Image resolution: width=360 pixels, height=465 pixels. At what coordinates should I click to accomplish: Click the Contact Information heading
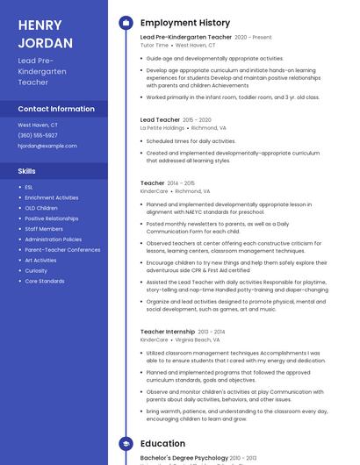[x=56, y=109]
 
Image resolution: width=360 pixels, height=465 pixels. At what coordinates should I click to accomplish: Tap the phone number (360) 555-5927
[x=38, y=135]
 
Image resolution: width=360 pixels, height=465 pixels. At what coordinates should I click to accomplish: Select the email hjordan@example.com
[x=47, y=146]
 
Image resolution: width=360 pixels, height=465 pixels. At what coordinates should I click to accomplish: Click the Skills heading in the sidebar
[x=27, y=171]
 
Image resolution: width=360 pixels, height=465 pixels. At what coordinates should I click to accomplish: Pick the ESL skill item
[x=29, y=187]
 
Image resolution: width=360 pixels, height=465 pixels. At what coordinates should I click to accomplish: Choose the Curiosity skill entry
[x=37, y=270]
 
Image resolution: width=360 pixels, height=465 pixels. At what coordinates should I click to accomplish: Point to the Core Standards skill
[x=44, y=281]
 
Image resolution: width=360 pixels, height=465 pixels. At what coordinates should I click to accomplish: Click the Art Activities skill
[x=40, y=260]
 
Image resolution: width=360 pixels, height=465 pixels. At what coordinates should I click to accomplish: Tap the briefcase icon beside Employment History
[x=126, y=23]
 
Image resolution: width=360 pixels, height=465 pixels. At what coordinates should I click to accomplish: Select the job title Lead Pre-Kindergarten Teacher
[x=186, y=38]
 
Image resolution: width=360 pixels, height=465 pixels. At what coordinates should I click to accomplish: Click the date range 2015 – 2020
[x=197, y=119]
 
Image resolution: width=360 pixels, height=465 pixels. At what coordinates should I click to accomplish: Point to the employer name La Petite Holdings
[x=162, y=127]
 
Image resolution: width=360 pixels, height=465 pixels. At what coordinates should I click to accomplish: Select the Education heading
[x=162, y=444]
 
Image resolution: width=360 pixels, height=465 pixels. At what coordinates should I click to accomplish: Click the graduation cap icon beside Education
[x=126, y=444]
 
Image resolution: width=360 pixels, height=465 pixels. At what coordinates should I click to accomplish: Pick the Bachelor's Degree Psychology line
[x=184, y=458]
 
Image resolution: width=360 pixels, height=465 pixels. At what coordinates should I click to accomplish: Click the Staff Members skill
[x=44, y=229]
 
